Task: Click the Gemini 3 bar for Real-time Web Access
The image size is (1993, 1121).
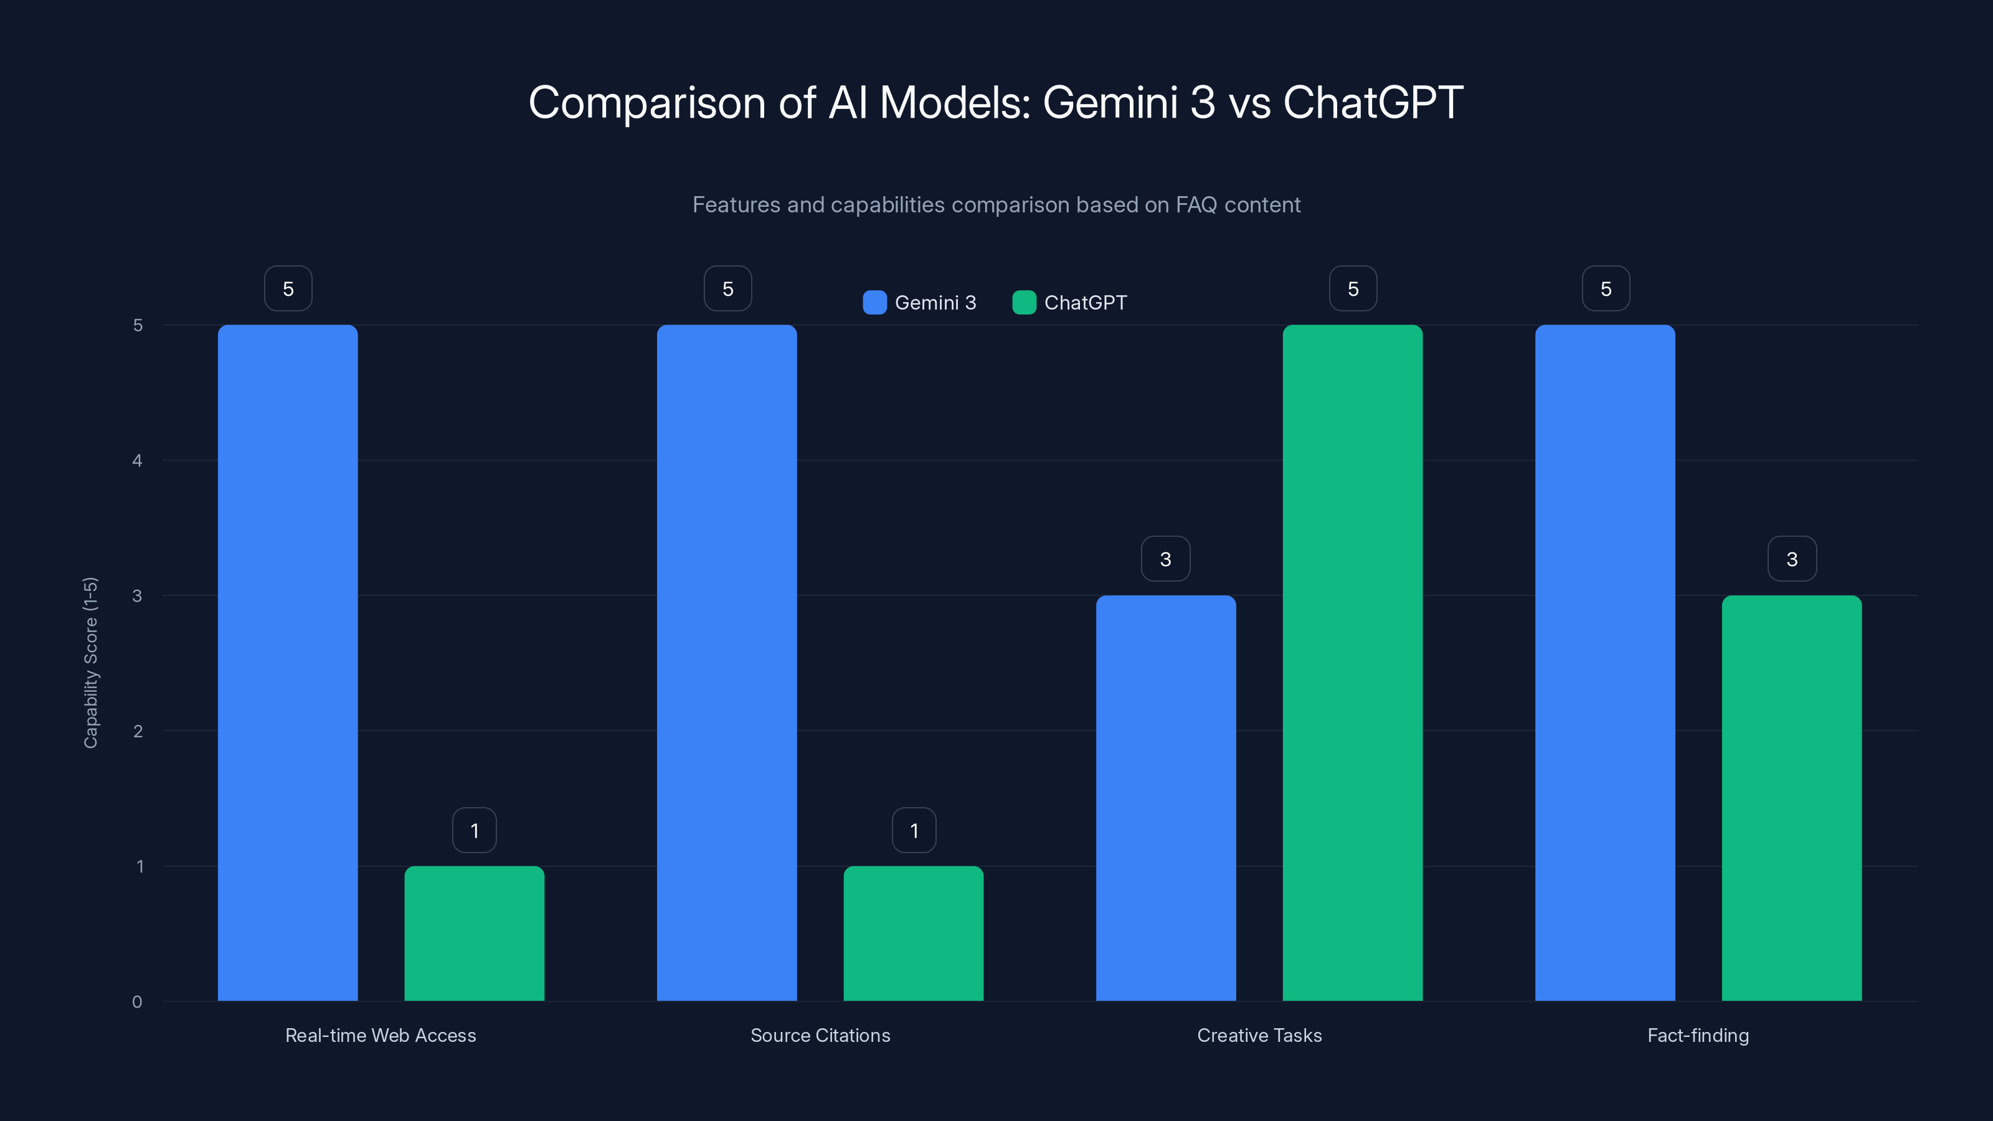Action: (287, 663)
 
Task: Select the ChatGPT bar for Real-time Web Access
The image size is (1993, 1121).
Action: (474, 933)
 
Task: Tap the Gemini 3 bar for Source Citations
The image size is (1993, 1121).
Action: (726, 663)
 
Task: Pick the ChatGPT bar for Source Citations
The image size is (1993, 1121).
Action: (913, 933)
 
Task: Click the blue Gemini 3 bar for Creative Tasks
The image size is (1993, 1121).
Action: (1165, 798)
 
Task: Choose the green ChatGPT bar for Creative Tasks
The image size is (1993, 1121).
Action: (1352, 663)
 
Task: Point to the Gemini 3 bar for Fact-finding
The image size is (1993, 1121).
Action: (1604, 663)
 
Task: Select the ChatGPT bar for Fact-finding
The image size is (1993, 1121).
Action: (1791, 798)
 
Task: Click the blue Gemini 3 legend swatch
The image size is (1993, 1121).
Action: (874, 303)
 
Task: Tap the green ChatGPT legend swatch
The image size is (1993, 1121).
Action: (1023, 303)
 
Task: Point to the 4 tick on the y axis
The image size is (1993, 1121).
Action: (138, 461)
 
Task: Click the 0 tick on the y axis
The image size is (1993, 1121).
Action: (138, 1002)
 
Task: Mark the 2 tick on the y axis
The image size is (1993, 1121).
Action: (138, 731)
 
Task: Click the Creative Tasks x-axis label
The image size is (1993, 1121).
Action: (1259, 1035)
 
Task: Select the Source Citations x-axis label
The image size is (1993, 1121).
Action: (820, 1035)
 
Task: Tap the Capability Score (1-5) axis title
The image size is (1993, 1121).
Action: (90, 663)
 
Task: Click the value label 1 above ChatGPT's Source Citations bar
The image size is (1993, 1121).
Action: (914, 831)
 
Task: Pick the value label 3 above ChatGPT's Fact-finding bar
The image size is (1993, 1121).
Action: (1792, 559)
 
